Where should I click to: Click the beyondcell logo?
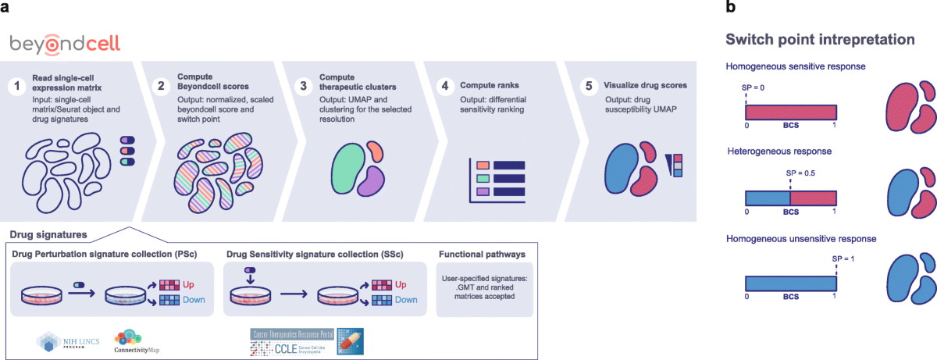(65, 44)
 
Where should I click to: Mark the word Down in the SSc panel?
(404, 300)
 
